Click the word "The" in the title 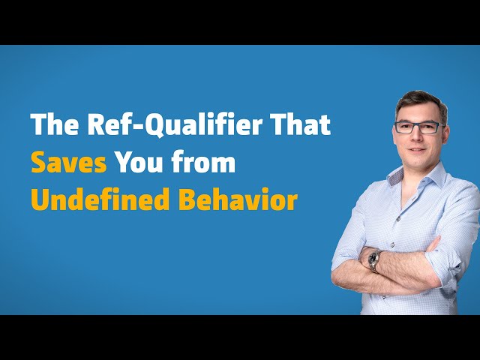(55, 124)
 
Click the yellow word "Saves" (69, 162)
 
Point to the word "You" (139, 162)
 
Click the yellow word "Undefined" (100, 199)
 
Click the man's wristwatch (373, 261)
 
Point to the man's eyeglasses (420, 127)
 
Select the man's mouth (417, 150)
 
